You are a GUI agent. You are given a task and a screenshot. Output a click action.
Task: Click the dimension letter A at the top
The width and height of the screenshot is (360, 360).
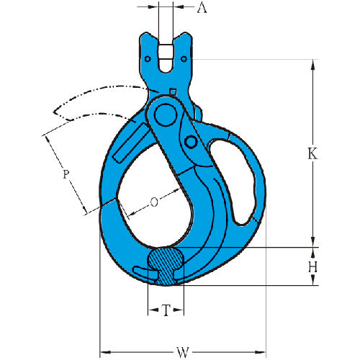coord(202,8)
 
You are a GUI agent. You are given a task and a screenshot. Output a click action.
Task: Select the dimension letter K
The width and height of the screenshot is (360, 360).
coord(312,153)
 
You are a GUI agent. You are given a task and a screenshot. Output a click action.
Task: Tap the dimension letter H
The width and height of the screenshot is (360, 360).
coord(312,266)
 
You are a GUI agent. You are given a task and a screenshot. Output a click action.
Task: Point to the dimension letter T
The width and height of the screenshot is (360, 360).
coord(166,310)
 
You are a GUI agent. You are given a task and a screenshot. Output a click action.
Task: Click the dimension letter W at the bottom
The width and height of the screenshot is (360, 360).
coord(183,352)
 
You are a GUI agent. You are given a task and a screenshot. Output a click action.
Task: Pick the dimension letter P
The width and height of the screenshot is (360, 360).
coord(66,174)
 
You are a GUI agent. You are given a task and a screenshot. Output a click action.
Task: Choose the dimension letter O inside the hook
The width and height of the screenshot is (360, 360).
coord(154,202)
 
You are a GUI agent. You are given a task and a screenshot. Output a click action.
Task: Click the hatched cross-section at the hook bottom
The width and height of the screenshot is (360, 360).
coord(166,266)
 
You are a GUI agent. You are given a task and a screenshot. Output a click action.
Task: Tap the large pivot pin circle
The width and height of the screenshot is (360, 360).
coord(166,115)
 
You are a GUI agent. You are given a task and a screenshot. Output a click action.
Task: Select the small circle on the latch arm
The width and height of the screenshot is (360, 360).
coord(191,142)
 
